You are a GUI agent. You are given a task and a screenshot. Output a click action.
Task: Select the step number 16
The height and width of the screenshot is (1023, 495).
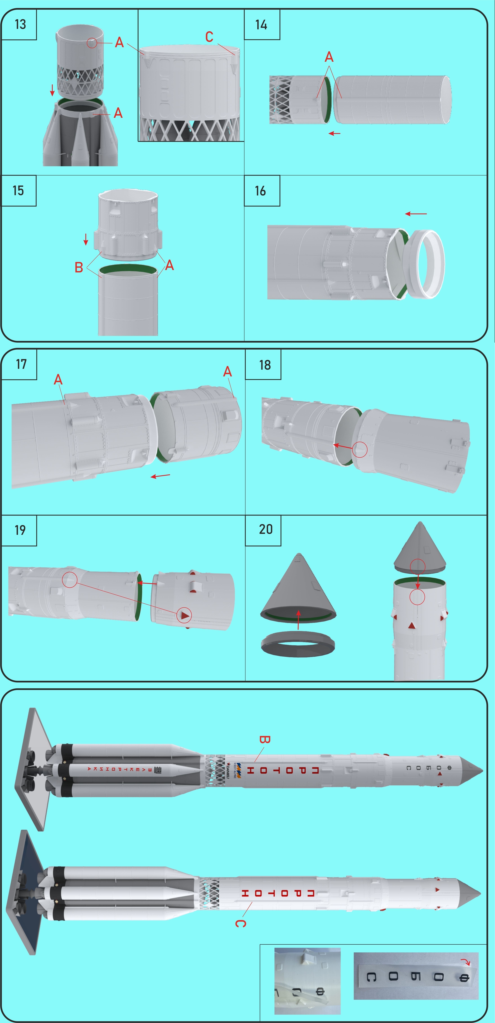click(260, 191)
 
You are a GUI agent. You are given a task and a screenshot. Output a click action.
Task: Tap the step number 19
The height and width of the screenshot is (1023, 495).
click(20, 530)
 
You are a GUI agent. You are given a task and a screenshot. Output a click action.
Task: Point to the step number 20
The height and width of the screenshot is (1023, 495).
click(266, 529)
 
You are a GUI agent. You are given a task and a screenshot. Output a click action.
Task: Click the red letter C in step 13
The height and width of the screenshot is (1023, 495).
click(209, 37)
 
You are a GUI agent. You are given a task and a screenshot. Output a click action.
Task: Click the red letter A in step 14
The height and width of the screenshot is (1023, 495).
click(329, 57)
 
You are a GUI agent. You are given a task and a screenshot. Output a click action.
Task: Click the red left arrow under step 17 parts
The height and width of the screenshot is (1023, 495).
click(160, 476)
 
